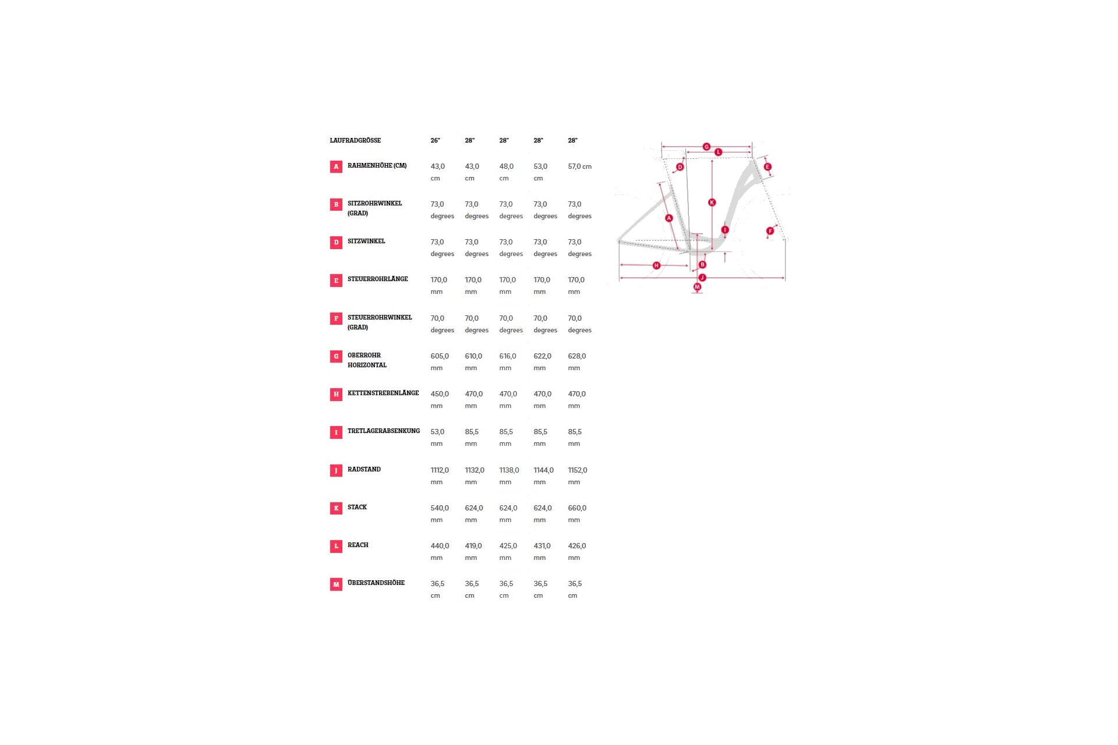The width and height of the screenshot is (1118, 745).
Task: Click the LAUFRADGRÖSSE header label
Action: (355, 140)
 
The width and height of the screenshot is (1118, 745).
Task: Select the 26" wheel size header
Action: (435, 140)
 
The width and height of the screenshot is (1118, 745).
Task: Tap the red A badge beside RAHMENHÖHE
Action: (336, 167)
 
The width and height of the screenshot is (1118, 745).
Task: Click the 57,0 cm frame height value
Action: (579, 166)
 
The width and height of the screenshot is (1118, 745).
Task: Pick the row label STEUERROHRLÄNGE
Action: (377, 279)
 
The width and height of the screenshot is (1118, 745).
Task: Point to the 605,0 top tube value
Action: (440, 356)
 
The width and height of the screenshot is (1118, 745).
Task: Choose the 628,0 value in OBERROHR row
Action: (577, 356)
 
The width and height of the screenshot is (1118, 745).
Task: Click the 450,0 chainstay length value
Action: (440, 394)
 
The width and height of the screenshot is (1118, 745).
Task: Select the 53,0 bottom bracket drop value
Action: (437, 432)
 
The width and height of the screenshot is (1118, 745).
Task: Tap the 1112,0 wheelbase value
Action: (440, 470)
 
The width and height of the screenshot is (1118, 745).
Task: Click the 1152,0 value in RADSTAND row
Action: (578, 470)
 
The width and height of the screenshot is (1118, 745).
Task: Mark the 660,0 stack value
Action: (577, 508)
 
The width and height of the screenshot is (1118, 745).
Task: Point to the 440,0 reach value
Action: (440, 546)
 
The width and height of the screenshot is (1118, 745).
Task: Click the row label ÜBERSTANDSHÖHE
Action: (376, 583)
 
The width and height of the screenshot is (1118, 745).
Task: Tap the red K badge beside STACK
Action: (336, 508)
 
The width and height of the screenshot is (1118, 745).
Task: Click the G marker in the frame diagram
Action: (706, 147)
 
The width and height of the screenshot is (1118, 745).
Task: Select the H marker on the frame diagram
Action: (656, 265)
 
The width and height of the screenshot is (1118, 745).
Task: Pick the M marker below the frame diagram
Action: (697, 287)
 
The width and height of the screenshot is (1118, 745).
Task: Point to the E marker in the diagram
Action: (767, 167)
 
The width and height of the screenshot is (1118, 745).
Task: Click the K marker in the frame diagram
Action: (712, 203)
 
